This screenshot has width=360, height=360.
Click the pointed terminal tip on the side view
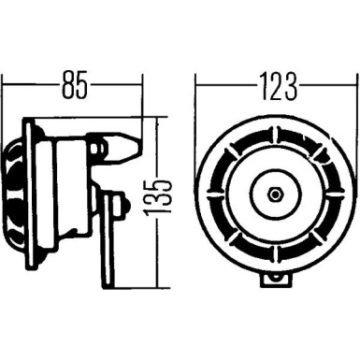pyautogui.click(x=137, y=147)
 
